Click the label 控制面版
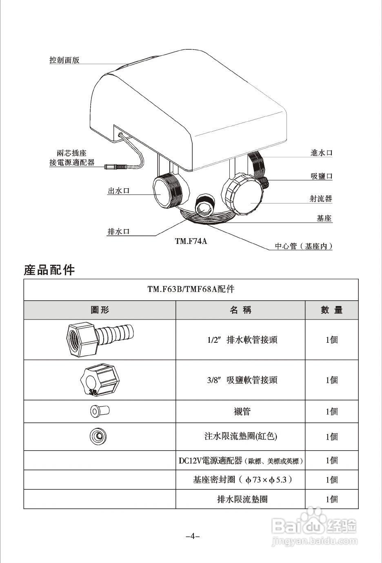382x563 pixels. (x=64, y=60)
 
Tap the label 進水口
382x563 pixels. (x=321, y=153)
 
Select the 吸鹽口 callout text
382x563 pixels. (x=321, y=176)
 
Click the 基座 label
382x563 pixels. (x=324, y=218)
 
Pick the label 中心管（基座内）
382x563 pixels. (x=303, y=246)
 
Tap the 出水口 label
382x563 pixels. (x=118, y=190)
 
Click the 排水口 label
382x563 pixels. (x=118, y=232)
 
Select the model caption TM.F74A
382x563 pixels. (x=191, y=241)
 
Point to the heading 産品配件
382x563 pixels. (x=49, y=270)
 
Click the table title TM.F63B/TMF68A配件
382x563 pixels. (x=191, y=289)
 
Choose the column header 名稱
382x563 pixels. (x=240, y=310)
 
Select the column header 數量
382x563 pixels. (x=331, y=310)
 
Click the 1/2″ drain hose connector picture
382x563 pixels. (x=100, y=339)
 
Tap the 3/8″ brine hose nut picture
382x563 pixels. (x=100, y=380)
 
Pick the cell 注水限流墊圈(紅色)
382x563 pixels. (x=240, y=436)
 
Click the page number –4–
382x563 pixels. (x=192, y=536)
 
